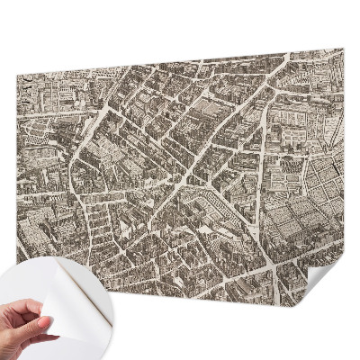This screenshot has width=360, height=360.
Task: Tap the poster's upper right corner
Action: pyautogui.click(x=343, y=49)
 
